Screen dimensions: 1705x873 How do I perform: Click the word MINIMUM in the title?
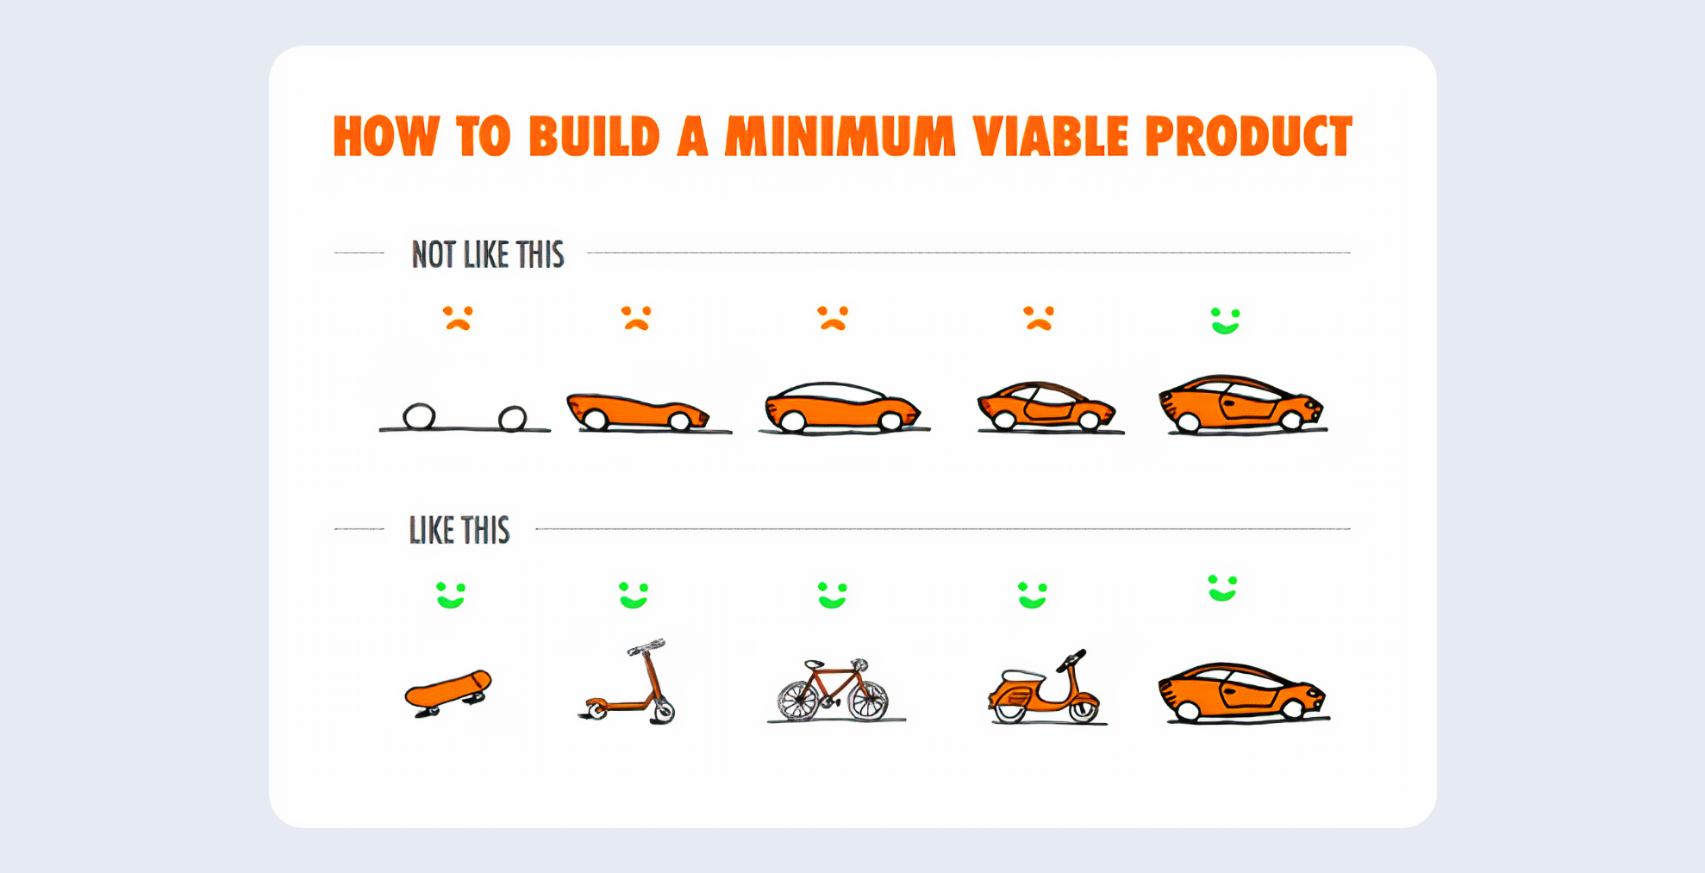tap(840, 136)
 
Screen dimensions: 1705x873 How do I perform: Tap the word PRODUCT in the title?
tap(1248, 136)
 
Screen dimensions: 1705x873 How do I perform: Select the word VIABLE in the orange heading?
tap(1050, 136)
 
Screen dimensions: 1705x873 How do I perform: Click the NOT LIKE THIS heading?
tap(488, 254)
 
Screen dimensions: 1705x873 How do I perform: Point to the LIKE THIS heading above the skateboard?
tap(459, 530)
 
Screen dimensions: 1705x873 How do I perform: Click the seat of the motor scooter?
tap(1021, 675)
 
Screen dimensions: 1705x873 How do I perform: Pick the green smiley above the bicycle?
tap(833, 595)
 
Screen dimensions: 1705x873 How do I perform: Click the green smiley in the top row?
tap(1225, 321)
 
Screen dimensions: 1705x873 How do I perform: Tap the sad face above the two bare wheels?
tap(458, 318)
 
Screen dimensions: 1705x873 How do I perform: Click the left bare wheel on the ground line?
tap(419, 416)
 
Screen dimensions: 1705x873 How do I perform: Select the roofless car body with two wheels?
tap(638, 412)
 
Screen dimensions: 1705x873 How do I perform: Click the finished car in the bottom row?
tap(1243, 693)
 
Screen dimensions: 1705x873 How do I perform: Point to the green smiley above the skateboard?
tap(451, 595)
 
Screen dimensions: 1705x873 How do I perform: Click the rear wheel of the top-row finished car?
tap(1189, 421)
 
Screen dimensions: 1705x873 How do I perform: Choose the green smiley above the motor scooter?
tap(1032, 595)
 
